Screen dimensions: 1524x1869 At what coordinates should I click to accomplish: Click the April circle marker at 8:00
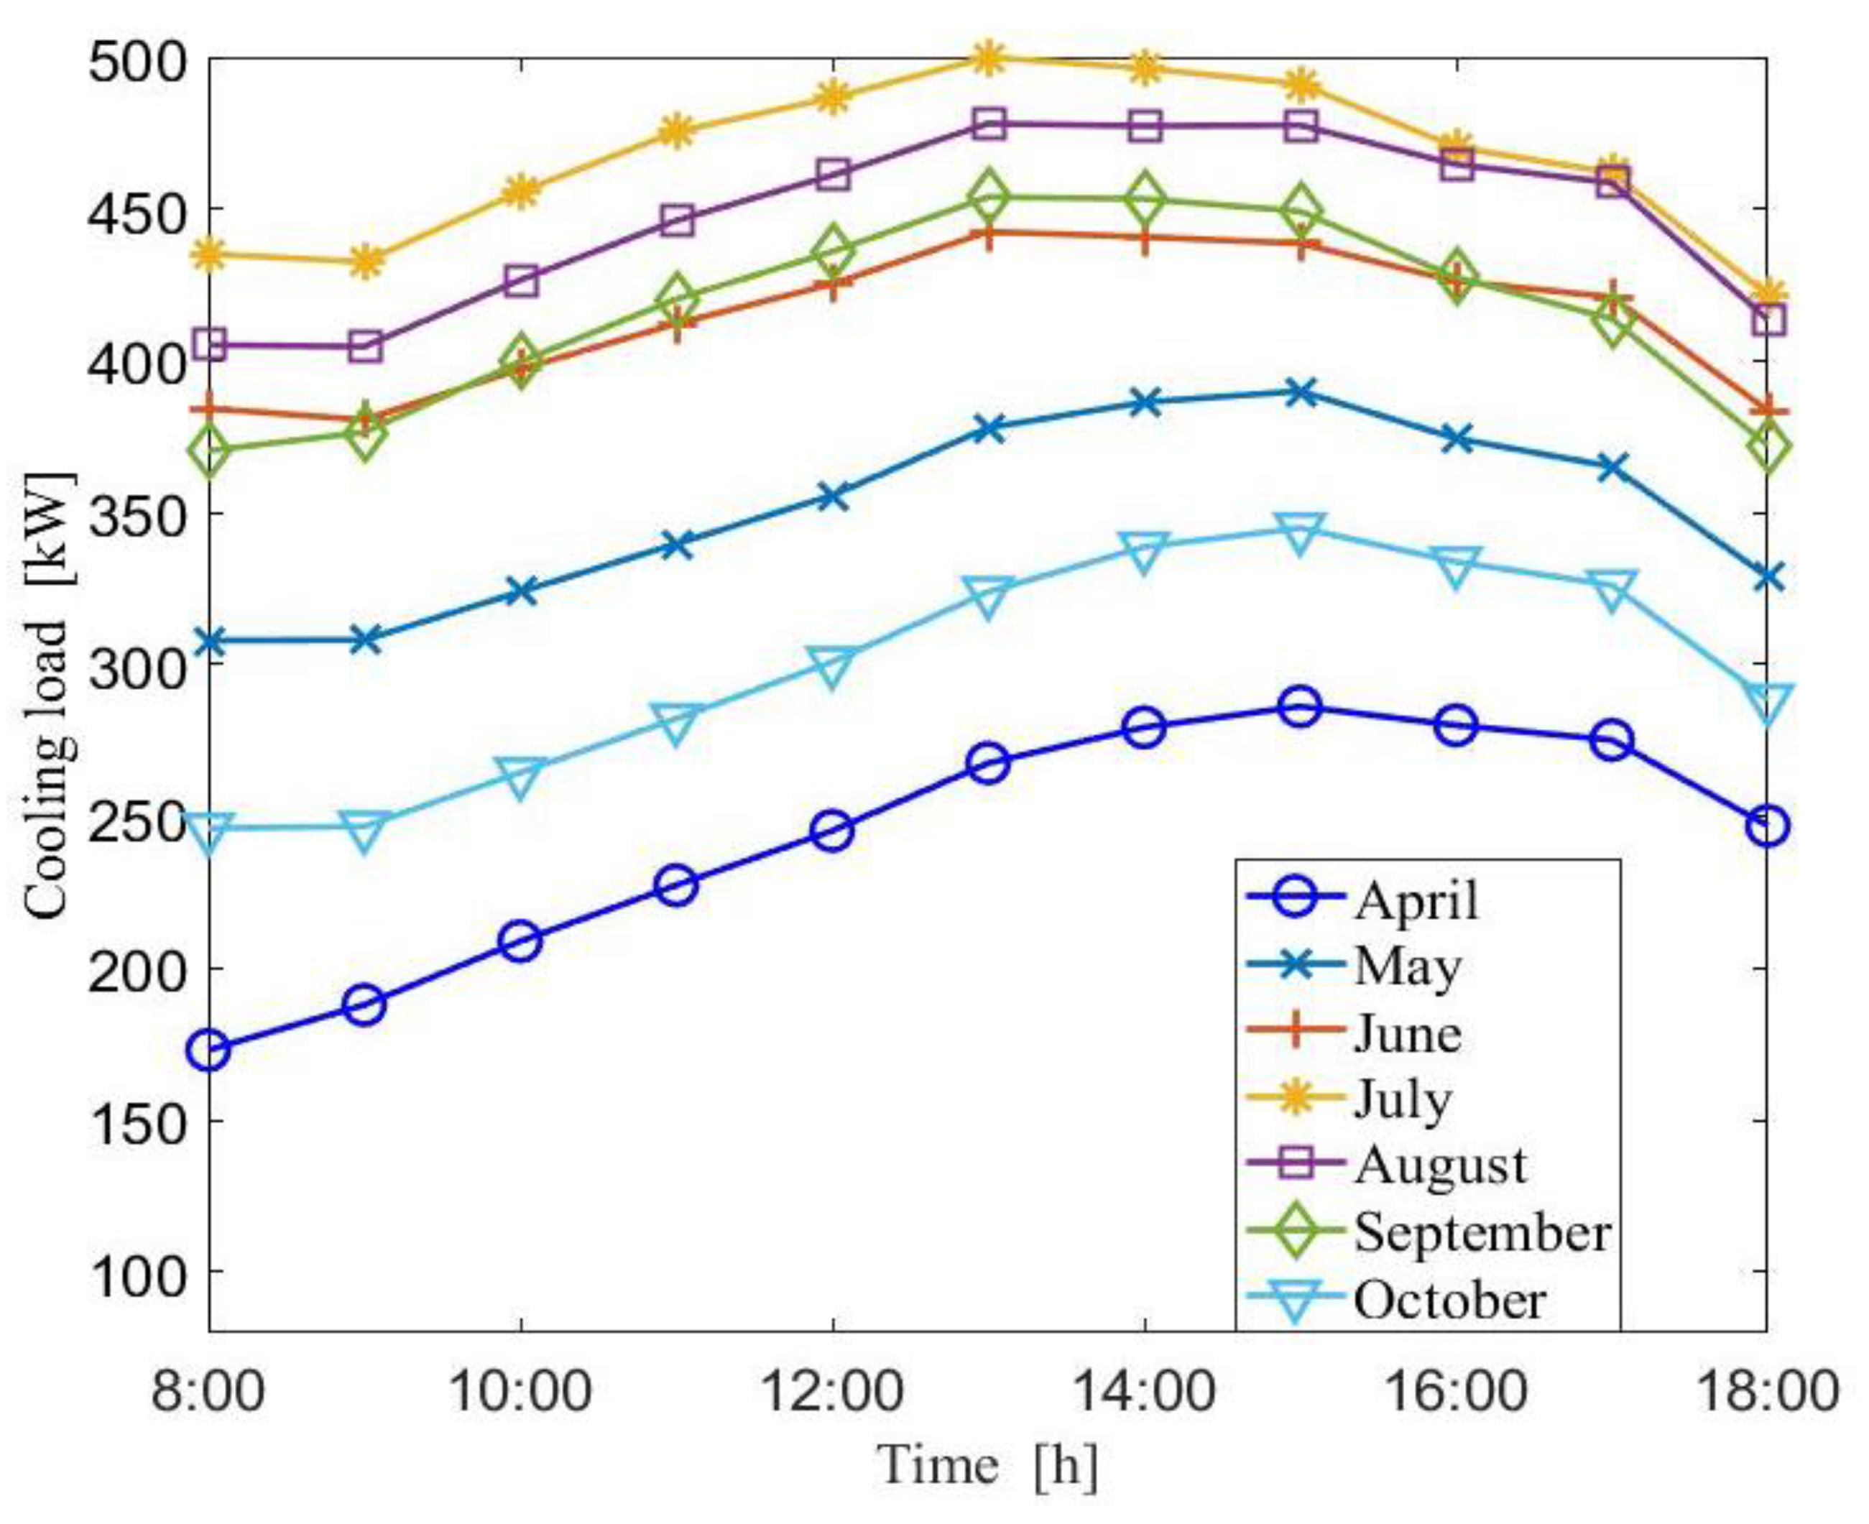(x=209, y=1049)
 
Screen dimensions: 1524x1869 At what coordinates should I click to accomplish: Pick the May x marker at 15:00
(x=1300, y=392)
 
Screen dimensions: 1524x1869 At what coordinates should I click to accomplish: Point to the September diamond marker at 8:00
(x=209, y=452)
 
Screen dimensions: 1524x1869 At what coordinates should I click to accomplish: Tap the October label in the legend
(x=1449, y=1300)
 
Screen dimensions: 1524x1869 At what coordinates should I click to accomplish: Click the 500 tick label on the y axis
(x=138, y=63)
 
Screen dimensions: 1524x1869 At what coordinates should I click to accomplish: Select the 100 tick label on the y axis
(x=138, y=1275)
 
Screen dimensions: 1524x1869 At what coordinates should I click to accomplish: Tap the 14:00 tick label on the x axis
(x=1144, y=1393)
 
